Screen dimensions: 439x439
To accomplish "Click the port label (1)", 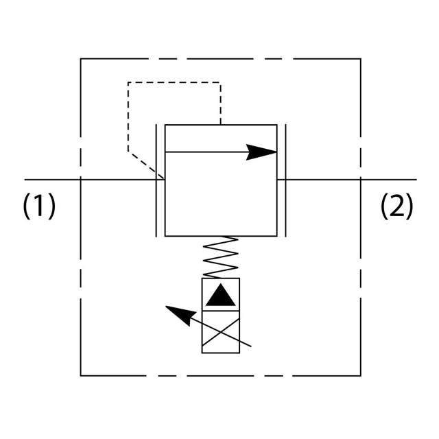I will (x=39, y=206).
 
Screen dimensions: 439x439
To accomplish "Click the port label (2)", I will (x=397, y=206).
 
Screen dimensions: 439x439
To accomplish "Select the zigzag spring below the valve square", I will (x=221, y=257).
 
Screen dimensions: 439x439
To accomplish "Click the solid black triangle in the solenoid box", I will (x=221, y=295).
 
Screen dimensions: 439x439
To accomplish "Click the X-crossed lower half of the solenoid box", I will (x=221, y=332).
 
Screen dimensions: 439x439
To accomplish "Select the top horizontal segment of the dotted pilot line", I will (x=174, y=82).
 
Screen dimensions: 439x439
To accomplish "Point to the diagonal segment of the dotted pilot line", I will (x=145, y=165).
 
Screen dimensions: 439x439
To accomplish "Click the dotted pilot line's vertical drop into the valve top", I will (x=220, y=103).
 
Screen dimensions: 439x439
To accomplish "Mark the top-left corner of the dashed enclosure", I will (x=81, y=59).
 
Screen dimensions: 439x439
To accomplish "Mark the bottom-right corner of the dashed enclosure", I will (x=360, y=375).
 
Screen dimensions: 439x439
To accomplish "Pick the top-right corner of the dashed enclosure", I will (x=360, y=59).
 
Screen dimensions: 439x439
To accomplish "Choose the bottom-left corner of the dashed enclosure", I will (x=81, y=375).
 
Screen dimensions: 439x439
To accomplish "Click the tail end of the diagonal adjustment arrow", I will (x=250, y=345).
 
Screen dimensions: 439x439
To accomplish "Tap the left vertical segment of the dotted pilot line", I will (x=128, y=117).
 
